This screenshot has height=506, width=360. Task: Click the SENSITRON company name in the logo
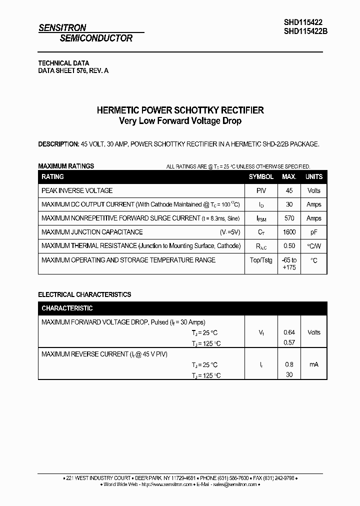(x=62, y=28)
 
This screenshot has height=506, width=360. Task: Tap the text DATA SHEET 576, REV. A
(x=73, y=71)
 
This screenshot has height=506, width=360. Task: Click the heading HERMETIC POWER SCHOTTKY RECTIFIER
(x=180, y=110)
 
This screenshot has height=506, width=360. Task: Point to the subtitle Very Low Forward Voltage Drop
(x=180, y=121)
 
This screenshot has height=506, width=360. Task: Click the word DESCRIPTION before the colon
(x=58, y=144)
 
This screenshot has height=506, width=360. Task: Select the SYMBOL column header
(x=261, y=177)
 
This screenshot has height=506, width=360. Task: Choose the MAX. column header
(x=289, y=177)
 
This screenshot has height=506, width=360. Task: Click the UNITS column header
(x=314, y=177)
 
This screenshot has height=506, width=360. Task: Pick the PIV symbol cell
(x=261, y=190)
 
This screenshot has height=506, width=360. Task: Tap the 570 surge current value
(x=289, y=218)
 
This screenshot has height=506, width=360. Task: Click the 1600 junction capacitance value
(x=289, y=232)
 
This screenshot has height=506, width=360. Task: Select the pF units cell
(x=314, y=232)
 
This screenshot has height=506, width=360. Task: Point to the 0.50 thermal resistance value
(x=289, y=246)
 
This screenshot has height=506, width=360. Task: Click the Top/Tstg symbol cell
(x=261, y=260)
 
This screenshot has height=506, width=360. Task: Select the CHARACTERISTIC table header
(x=67, y=308)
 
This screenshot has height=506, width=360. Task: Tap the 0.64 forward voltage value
(x=289, y=332)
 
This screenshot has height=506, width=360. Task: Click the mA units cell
(x=314, y=364)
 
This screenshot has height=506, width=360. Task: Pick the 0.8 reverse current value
(x=289, y=364)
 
